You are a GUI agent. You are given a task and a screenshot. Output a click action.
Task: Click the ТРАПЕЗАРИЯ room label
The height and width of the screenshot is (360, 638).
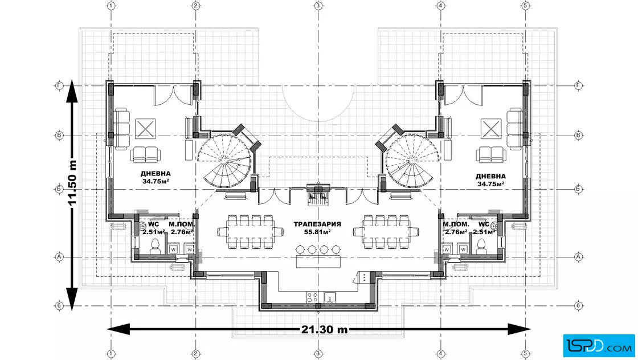pos(317,224)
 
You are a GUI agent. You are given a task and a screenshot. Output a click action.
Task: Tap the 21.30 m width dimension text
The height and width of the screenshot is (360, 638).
pos(325,329)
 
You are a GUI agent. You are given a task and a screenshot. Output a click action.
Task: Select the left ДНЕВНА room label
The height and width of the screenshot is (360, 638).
pos(156,174)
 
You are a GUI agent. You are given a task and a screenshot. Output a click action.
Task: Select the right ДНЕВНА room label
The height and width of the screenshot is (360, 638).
pos(490,177)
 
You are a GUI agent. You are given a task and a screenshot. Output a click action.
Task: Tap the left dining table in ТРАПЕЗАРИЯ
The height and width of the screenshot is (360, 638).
pos(250,232)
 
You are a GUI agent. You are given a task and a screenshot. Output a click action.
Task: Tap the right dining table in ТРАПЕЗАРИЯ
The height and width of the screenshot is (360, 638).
pos(386,232)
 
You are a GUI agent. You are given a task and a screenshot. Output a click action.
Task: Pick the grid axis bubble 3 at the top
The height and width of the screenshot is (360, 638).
pos(318,6)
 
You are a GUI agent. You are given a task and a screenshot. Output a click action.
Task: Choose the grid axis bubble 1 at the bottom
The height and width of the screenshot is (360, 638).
pos(111,354)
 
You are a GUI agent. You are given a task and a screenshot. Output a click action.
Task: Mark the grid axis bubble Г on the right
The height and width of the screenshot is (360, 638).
pos(579,85)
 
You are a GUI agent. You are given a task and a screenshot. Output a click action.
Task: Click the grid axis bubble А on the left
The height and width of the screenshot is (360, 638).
pos(59,257)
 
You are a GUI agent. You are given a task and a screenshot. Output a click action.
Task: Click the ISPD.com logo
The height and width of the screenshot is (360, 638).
pos(599,345)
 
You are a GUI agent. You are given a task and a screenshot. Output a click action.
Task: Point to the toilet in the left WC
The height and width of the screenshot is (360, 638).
pos(155,246)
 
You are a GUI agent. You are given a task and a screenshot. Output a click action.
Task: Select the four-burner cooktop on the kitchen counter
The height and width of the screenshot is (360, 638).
pos(312,297)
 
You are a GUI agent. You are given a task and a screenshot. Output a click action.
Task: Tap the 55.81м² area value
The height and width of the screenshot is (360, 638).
pos(317,232)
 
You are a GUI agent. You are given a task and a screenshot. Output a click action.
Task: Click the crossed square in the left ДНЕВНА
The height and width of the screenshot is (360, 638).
pos(145,129)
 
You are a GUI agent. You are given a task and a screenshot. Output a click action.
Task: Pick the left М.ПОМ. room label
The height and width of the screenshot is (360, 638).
pos(182,224)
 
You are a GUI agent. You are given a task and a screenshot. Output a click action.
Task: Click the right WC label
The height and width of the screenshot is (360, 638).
pos(484,224)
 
